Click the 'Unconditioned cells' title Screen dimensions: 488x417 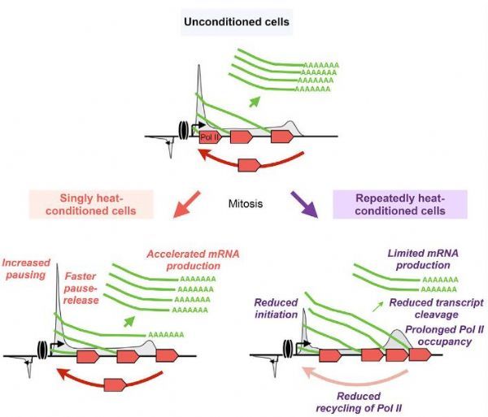pos(237,22)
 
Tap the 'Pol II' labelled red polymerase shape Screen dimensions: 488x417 pos(210,137)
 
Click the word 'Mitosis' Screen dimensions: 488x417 pos(246,204)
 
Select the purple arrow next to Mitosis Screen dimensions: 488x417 pos(304,204)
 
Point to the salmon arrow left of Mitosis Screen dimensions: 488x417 pos(187,204)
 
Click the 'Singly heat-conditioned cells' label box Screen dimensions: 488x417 pos(91,204)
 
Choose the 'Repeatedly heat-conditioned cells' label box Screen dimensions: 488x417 pos(400,204)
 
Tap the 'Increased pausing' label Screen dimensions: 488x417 pos(26,269)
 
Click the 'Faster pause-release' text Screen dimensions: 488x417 pos(81,289)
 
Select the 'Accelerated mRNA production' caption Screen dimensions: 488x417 pos(194,260)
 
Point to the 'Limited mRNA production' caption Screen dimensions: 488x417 pos(423,259)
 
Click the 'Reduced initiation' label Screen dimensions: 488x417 pos(276,308)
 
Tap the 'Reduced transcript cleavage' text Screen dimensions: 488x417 pos(436,308)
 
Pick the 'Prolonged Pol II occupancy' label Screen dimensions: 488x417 pos(444,336)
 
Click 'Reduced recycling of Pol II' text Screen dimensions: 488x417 pos(359,402)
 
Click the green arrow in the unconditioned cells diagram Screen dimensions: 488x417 pos(255,102)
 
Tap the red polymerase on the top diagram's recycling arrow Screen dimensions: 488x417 pos(250,165)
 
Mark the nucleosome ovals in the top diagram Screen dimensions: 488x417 pos(183,130)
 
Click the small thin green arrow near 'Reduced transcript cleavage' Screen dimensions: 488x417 pos(378,306)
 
